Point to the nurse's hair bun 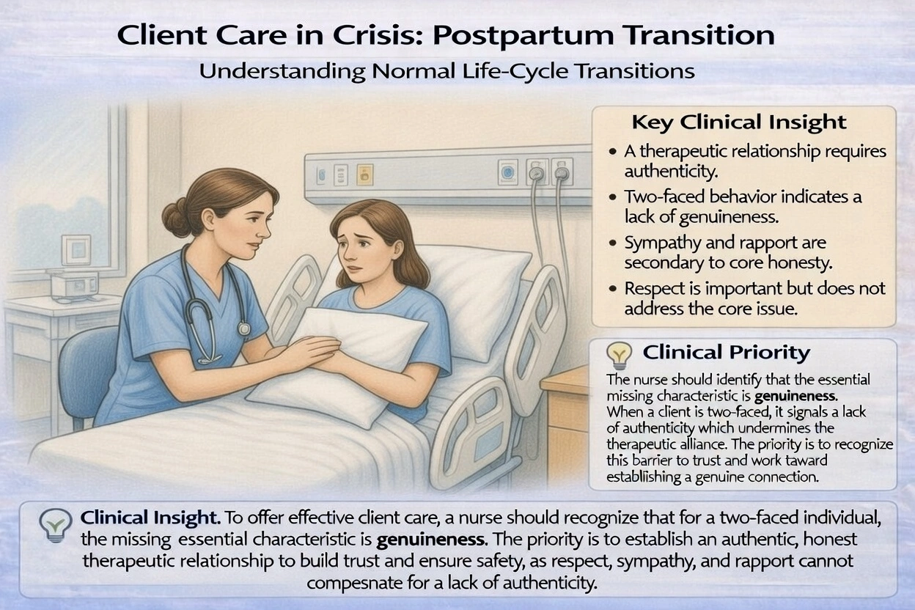pos(176,217)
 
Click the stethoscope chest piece pos(243,329)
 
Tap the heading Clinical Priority pos(726,353)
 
